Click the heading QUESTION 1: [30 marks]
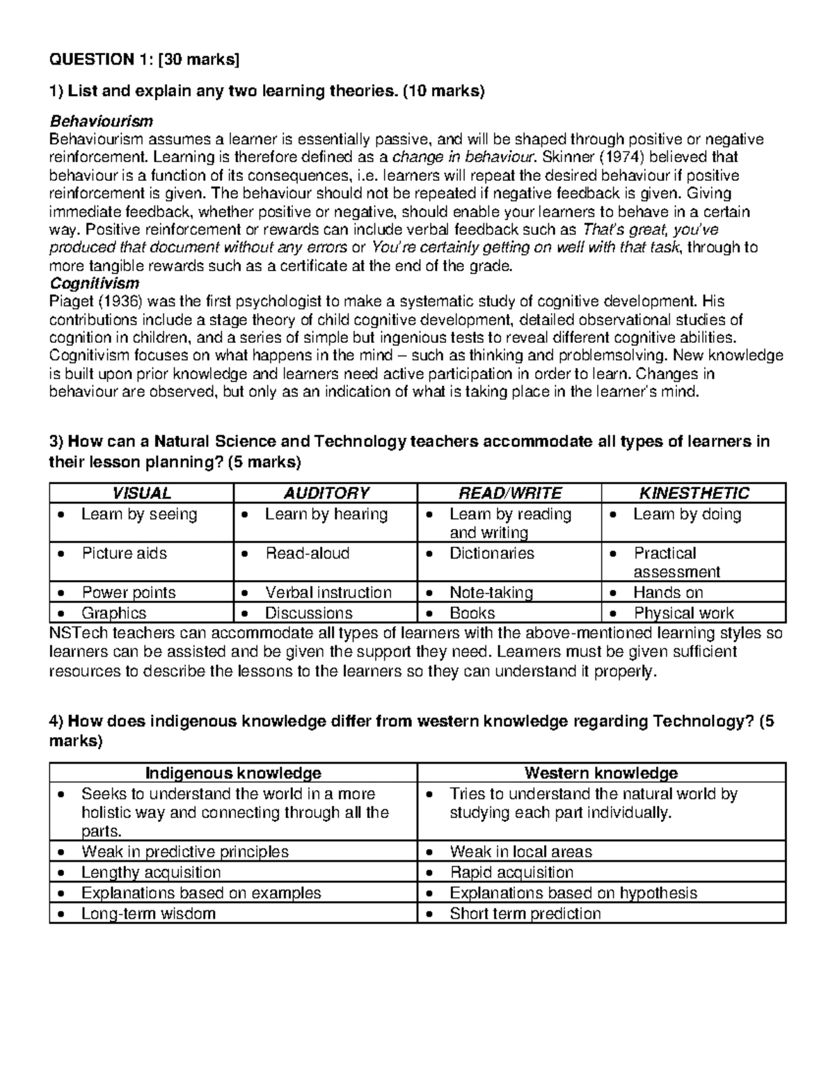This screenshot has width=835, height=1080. [x=143, y=60]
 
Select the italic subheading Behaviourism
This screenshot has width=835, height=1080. [x=101, y=122]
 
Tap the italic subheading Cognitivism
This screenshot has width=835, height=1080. [x=94, y=284]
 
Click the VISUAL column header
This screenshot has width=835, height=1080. [x=141, y=494]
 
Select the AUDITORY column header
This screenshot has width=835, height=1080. [x=326, y=494]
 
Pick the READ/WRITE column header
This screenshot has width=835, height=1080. [x=509, y=494]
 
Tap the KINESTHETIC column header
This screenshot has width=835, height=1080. [x=694, y=494]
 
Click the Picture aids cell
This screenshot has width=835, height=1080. [x=124, y=554]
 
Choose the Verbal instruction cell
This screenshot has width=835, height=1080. [x=328, y=593]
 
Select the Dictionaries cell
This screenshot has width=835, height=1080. [x=491, y=554]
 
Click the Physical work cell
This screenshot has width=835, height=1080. [x=683, y=613]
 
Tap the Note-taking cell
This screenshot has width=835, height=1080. [x=491, y=593]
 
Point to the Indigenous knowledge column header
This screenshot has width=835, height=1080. [x=233, y=773]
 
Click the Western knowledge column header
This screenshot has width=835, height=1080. [x=601, y=773]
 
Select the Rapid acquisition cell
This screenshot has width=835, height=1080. [x=511, y=873]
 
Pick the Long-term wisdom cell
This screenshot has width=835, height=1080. [x=148, y=914]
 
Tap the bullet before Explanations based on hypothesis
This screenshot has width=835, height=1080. [x=431, y=894]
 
